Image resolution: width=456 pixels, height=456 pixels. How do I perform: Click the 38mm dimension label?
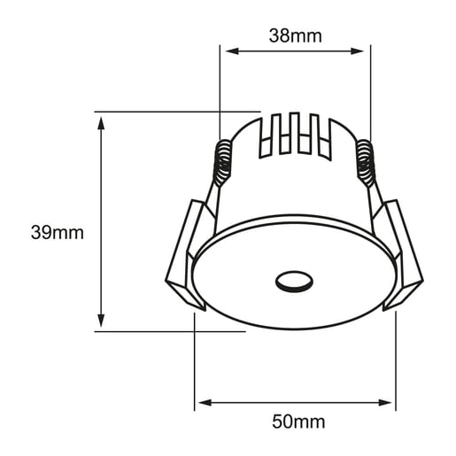pos(294,36)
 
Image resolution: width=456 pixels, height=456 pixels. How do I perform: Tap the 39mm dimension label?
pos(57,234)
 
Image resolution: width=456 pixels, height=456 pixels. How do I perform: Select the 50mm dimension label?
pos(297,421)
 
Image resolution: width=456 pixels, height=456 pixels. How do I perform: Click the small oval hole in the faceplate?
pos(294,282)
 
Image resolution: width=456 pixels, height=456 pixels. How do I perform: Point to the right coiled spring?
pos(365,164)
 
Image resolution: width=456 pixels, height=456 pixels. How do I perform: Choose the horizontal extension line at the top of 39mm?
pos(177,112)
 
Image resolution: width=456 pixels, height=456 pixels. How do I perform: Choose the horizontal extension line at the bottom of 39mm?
pos(168,330)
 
